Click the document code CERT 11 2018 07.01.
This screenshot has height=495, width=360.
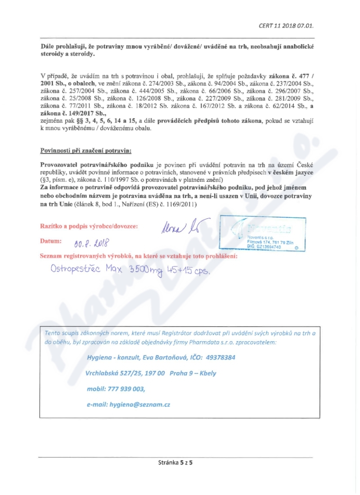[286, 26]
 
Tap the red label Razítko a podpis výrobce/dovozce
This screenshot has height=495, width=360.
[90, 225]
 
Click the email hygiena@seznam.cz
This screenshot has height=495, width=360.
[139, 405]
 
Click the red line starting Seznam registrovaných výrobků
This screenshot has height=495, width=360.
[139, 256]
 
